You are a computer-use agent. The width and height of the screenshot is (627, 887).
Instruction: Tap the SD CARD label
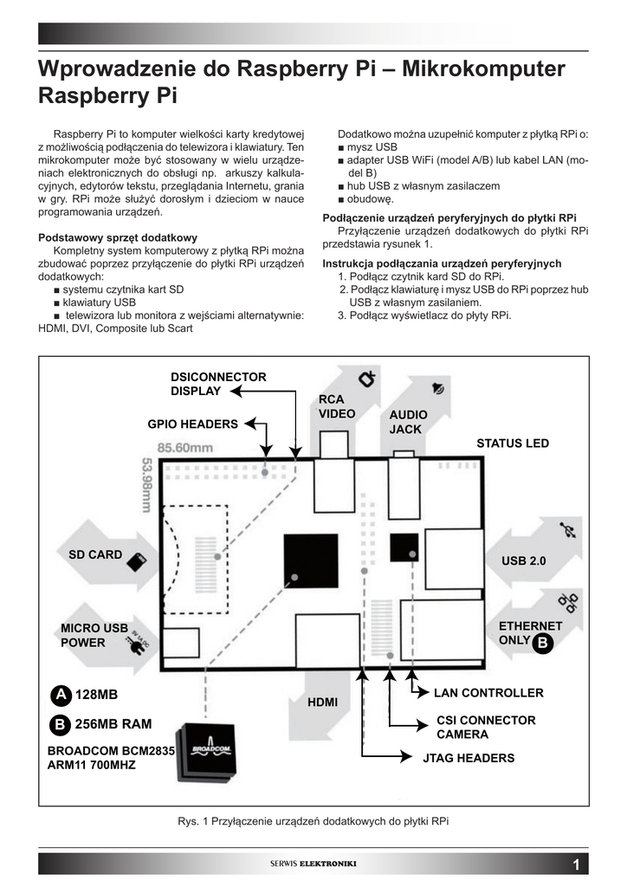[95, 554]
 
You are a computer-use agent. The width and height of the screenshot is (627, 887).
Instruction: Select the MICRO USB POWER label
[94, 635]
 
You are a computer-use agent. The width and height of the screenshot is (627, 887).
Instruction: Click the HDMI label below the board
[323, 702]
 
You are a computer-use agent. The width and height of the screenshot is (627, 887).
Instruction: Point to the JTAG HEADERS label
[468, 758]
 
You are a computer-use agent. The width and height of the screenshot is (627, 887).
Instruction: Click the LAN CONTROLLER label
[488, 693]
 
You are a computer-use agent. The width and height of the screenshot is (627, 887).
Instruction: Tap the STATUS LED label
[513, 443]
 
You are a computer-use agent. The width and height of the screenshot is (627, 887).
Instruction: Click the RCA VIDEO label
[337, 406]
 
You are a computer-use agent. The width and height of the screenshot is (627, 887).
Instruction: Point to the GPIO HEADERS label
[192, 424]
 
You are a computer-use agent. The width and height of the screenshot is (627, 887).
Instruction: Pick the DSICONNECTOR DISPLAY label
[218, 384]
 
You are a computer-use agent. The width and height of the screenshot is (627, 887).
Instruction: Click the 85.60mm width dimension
[184, 448]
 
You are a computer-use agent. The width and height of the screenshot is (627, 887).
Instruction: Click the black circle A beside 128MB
[60, 695]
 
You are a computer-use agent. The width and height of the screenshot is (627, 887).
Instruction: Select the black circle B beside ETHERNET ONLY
[542, 643]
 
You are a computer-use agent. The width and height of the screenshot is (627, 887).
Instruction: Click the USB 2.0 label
[524, 561]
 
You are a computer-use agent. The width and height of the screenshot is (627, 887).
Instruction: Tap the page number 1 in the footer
[576, 864]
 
